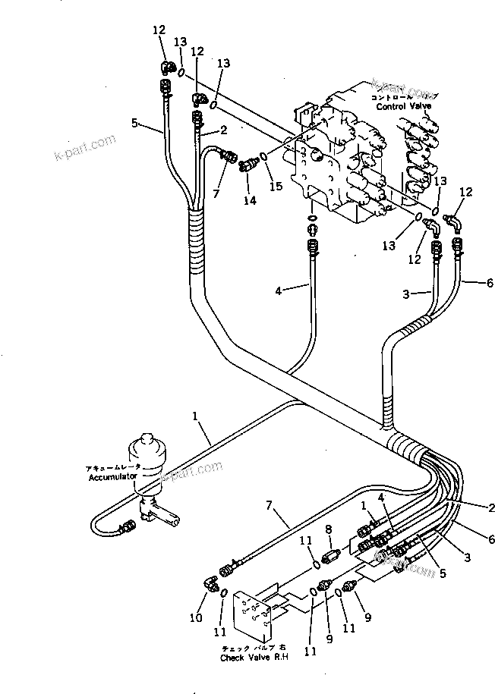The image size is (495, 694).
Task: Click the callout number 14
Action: pyautogui.click(x=249, y=200)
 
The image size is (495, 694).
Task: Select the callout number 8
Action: pyautogui.click(x=329, y=530)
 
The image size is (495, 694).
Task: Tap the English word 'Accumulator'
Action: pyautogui.click(x=112, y=476)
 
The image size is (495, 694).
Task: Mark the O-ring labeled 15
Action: pyautogui.click(x=263, y=158)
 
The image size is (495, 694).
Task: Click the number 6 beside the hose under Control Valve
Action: pyautogui.click(x=490, y=283)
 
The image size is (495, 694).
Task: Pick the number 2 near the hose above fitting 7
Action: pyautogui.click(x=225, y=130)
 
